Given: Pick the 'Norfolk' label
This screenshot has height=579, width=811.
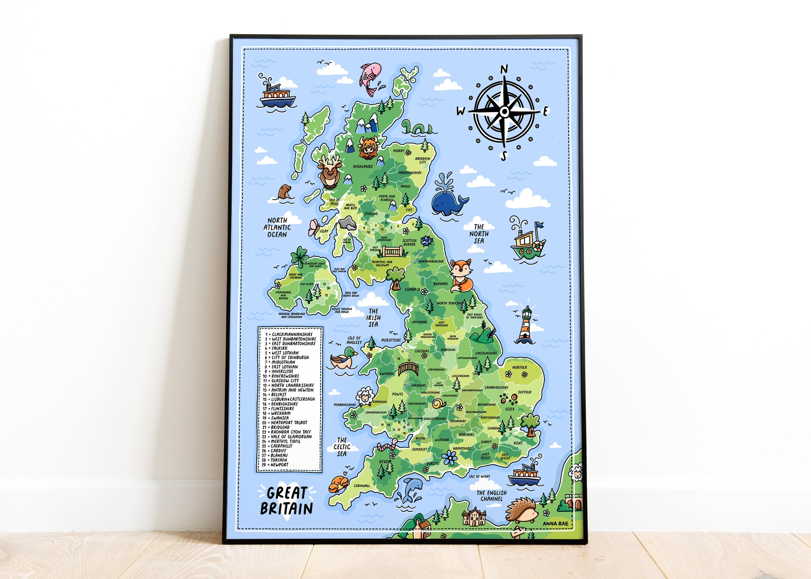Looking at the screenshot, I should (x=520, y=367).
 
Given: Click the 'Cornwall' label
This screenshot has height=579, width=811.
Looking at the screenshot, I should (x=362, y=485).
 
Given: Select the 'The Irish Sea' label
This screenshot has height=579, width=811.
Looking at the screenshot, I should (x=373, y=318).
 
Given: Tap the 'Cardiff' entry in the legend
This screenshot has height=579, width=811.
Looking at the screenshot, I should (x=279, y=451).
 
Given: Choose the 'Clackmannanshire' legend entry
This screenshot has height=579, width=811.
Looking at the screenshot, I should (x=292, y=334).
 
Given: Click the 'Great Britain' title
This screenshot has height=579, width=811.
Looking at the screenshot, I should (x=286, y=501).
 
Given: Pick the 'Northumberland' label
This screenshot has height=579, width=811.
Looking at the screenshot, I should (x=431, y=261).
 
